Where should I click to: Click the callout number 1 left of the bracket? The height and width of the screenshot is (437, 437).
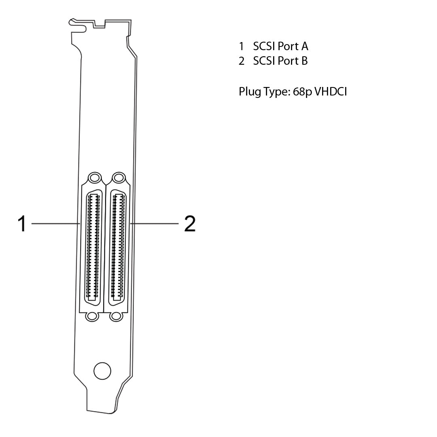(22, 223)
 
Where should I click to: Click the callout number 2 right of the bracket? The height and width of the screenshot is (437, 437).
(190, 223)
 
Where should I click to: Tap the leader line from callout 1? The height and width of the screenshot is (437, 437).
(55, 223)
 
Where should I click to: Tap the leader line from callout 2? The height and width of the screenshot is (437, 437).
(156, 223)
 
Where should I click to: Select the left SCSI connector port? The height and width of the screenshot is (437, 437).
(93, 247)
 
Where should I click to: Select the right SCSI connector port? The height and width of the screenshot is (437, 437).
(118, 247)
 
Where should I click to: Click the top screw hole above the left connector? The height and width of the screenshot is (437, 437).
(94, 177)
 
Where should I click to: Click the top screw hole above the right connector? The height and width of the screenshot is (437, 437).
(118, 177)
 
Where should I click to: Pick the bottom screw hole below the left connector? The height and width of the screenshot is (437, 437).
(92, 316)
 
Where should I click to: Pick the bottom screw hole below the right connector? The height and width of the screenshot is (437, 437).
(117, 316)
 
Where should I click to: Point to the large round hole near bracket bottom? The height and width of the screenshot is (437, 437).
(102, 370)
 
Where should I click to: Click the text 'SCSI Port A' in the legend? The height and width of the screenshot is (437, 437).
(280, 46)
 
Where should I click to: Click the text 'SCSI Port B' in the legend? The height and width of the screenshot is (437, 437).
(280, 61)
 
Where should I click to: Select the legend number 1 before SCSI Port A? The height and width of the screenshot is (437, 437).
(242, 46)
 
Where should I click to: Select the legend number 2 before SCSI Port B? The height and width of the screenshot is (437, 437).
(242, 61)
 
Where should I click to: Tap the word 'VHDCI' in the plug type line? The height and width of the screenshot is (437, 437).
(331, 91)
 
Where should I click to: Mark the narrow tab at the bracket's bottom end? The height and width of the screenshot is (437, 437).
(101, 401)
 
